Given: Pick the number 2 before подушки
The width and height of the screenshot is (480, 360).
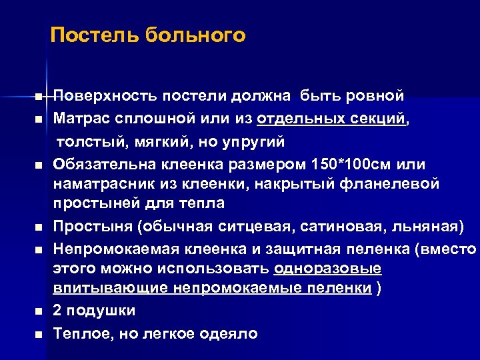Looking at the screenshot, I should click(58, 311).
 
